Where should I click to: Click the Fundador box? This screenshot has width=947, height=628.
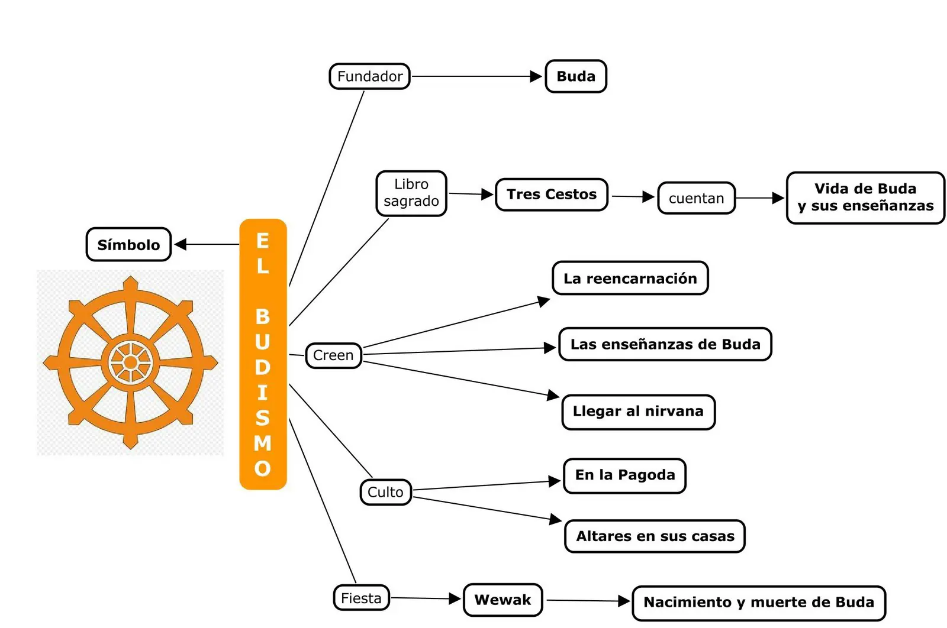pos(369,76)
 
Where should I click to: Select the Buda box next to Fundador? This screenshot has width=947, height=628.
pos(576,76)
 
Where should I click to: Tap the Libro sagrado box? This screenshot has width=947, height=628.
pos(411,193)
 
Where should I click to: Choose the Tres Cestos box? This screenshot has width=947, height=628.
pos(552,195)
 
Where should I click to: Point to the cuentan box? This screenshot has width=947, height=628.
pos(696,198)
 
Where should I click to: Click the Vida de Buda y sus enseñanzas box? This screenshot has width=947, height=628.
pos(865,198)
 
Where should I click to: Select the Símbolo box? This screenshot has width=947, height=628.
pos(128,245)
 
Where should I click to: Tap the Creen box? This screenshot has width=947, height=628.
pos(334,355)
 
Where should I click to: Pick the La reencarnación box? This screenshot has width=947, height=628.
pos(630,279)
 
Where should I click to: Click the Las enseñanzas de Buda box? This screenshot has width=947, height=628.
pos(665,344)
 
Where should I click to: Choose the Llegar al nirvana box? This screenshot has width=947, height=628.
pos(639,412)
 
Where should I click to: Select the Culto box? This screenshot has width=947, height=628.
pos(385,492)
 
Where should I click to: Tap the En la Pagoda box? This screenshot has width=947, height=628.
pos(625,475)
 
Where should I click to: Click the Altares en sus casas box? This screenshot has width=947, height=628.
pos(655,536)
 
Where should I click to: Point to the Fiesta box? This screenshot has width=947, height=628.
pos(362,598)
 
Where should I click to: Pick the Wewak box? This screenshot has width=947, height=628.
pos(503,600)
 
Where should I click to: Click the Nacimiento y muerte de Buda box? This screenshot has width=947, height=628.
pos(759,603)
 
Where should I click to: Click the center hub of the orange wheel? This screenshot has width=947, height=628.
pos(131,362)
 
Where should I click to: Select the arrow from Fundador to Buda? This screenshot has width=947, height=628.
pos(477,76)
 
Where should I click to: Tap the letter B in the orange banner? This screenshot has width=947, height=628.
pos(263,317)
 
